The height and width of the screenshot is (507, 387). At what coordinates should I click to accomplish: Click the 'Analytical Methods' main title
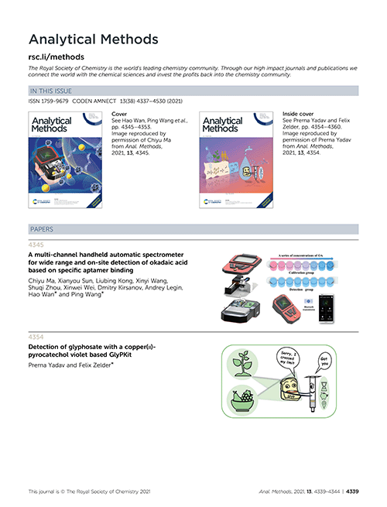click(93, 39)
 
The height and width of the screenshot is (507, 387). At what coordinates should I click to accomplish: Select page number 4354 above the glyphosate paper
click(36, 337)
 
